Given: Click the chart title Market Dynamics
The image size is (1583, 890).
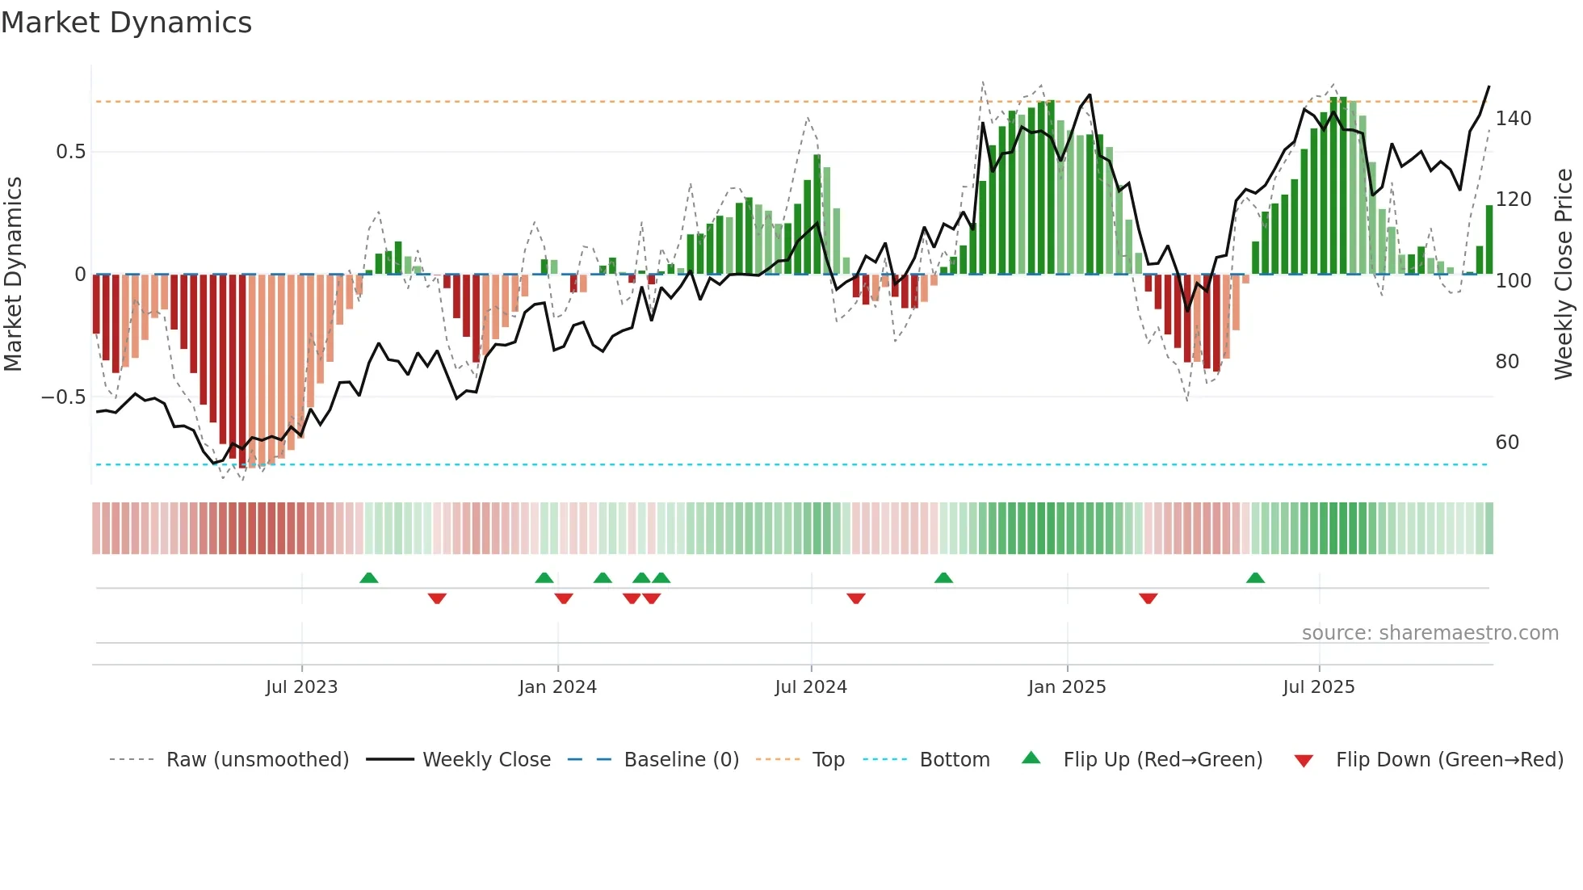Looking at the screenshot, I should tap(126, 23).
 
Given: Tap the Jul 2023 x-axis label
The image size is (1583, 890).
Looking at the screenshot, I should tap(301, 687).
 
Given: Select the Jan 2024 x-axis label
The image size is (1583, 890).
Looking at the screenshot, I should tap(557, 687).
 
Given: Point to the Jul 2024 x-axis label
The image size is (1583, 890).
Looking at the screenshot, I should tap(811, 687).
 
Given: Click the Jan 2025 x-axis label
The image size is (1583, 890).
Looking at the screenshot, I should tap(1067, 687).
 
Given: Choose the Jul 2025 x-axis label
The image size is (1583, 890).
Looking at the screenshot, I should tap(1319, 687).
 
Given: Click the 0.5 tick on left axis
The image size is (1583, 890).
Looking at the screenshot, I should tap(70, 152).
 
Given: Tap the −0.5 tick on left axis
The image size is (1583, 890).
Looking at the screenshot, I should tap(64, 397).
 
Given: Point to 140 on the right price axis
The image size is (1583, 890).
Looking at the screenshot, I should tap(1513, 119).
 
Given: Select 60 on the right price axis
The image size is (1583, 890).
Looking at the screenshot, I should tap(1507, 443).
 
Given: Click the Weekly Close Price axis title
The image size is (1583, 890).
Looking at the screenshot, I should tap(1564, 275).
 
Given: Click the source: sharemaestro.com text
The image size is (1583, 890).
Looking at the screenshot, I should tap(1430, 633).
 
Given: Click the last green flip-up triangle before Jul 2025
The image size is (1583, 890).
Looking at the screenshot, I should tap(1255, 578).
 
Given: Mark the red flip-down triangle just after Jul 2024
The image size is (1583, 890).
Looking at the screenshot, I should tap(856, 598).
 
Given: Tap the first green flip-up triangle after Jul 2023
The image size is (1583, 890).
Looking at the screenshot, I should tap(368, 578).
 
